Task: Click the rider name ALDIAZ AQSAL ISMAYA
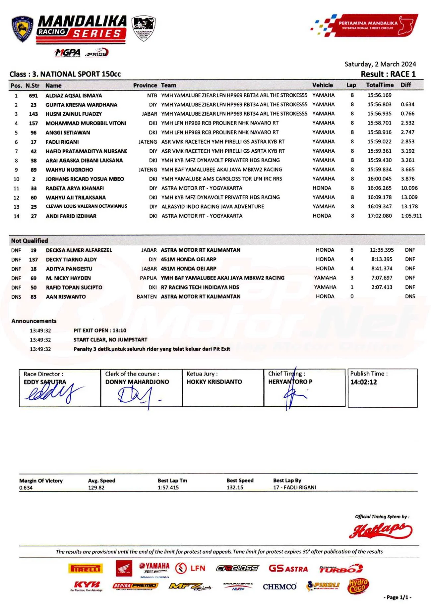(74, 96)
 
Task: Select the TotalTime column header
(380, 85)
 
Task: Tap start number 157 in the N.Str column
(33, 124)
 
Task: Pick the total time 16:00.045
(379, 179)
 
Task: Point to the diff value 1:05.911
(411, 216)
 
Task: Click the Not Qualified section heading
(30, 241)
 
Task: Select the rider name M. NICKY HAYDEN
(68, 278)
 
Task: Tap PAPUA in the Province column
(148, 278)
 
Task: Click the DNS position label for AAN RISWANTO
(16, 297)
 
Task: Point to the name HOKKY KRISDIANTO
(214, 382)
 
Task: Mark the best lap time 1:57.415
(168, 487)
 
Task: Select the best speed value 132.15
(235, 487)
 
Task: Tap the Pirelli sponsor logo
(86, 569)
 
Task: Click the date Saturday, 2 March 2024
(380, 64)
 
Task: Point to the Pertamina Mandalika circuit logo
(365, 25)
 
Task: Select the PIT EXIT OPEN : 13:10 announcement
(100, 330)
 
